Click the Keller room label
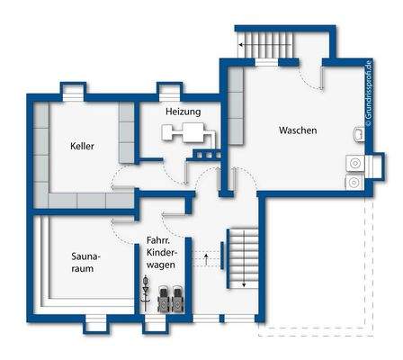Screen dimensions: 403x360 point(82,146)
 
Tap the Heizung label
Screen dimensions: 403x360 point(184,112)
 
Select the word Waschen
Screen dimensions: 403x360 point(298,130)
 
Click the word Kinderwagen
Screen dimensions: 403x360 point(161,258)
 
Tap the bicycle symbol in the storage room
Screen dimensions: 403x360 point(146,292)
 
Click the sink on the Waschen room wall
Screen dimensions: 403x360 point(359,134)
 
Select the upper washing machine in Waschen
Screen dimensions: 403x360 point(355,164)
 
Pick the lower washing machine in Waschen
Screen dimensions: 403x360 point(355,182)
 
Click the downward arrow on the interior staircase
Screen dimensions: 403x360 point(245,258)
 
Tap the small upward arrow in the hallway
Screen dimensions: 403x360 point(206,259)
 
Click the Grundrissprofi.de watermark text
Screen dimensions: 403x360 point(369,94)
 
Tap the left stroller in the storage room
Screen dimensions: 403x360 point(164,299)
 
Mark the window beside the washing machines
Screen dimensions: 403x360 point(375,166)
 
